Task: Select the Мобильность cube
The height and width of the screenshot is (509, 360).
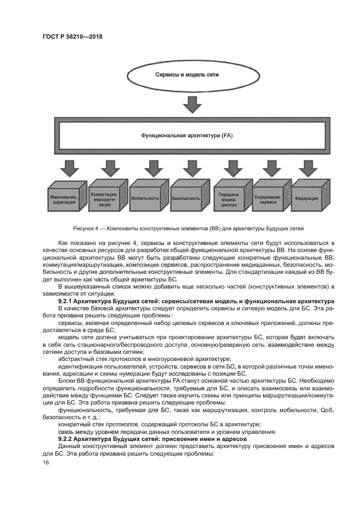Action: (146, 199)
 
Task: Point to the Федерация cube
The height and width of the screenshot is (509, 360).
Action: (308, 199)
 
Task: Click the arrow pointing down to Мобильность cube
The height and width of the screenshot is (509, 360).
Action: (150, 167)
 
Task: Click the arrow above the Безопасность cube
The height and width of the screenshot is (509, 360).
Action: (191, 167)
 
